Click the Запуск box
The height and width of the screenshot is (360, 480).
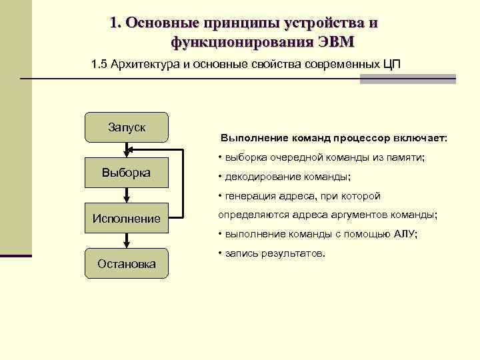[127, 127]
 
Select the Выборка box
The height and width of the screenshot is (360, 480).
[127, 173]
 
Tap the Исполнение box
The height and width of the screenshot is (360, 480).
[127, 218]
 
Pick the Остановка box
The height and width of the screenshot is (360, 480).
[127, 263]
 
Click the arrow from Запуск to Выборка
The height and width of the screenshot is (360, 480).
[127, 150]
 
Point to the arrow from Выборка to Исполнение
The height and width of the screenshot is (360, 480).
[127, 195]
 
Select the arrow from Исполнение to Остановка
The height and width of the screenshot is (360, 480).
[127, 241]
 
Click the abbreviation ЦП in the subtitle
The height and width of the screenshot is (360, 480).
[393, 65]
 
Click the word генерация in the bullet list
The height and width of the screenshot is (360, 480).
[252, 196]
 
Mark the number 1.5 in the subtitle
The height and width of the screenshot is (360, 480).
[99, 65]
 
